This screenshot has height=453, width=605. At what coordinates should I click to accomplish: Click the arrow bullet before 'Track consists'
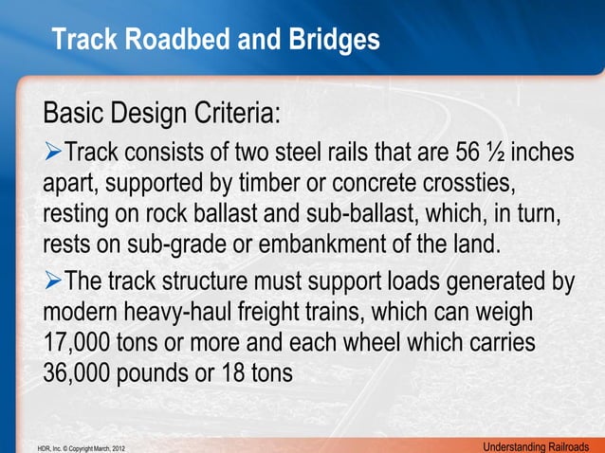pyautogui.click(x=53, y=152)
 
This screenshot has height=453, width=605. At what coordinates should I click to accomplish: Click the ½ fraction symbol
pyautogui.click(x=500, y=152)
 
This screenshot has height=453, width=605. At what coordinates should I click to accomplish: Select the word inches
pyautogui.click(x=544, y=152)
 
